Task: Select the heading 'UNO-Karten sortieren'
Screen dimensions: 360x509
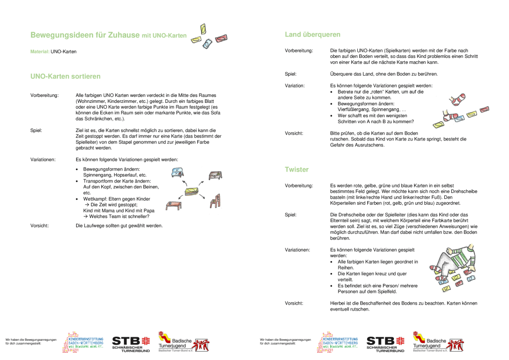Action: pos(65,77)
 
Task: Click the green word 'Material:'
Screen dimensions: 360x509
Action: pos(40,51)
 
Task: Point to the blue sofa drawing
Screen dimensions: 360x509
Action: pos(176,173)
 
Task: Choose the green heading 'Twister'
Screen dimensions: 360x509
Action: pos(297,170)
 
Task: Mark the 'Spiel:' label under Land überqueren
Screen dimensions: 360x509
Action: pos(291,74)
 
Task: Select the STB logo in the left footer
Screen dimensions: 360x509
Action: pos(130,342)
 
